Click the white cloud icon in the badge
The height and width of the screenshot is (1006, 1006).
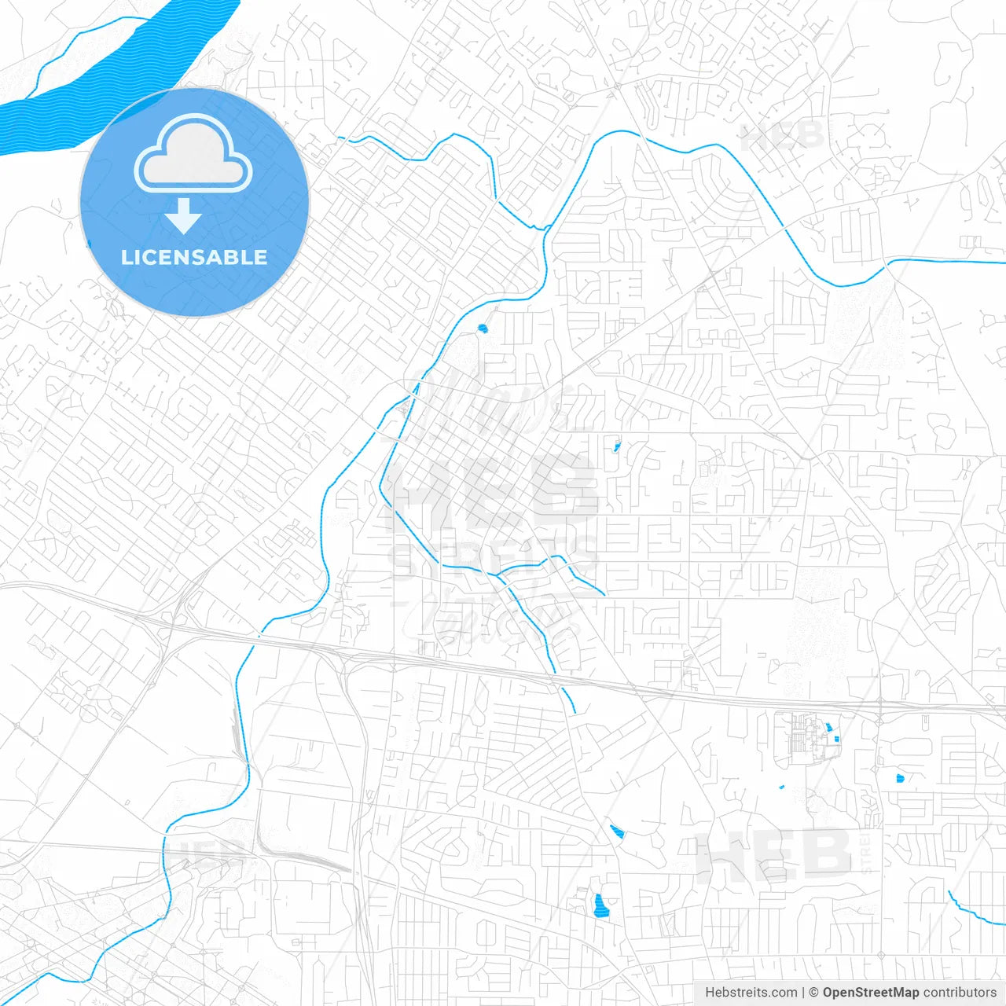[x=193, y=154]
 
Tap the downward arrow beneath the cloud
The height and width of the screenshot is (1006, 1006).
[x=183, y=216]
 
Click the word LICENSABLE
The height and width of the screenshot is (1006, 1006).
[x=194, y=257]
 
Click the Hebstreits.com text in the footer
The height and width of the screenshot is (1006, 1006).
[x=751, y=993]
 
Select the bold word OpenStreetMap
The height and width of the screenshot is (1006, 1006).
[x=870, y=993]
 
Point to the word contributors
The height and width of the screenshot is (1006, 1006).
[x=960, y=993]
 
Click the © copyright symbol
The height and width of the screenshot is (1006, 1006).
[x=814, y=993]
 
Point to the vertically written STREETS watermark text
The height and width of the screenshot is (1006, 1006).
[x=867, y=853]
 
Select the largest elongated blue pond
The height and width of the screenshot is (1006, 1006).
[x=601, y=906]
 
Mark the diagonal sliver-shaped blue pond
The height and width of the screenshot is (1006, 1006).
[x=617, y=832]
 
